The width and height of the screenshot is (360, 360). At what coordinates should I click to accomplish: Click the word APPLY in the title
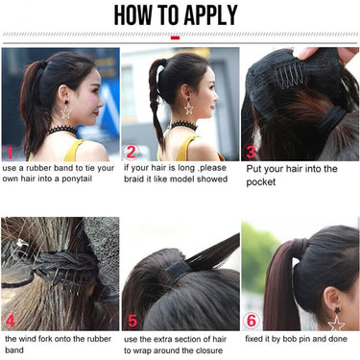click(210, 15)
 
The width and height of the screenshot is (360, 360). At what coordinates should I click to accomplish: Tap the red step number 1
click(10, 153)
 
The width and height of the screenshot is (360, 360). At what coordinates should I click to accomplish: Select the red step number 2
click(131, 153)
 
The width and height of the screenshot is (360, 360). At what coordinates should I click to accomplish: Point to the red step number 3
click(251, 153)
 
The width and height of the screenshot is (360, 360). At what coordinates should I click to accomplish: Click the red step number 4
click(11, 321)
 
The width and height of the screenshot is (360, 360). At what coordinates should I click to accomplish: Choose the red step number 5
click(132, 321)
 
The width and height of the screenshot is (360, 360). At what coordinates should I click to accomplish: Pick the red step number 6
click(252, 321)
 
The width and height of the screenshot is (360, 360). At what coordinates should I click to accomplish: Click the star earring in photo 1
click(66, 110)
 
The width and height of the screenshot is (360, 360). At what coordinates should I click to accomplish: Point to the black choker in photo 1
click(62, 131)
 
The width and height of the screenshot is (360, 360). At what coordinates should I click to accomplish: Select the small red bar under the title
click(175, 37)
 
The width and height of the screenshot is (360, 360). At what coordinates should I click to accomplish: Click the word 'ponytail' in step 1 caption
click(77, 179)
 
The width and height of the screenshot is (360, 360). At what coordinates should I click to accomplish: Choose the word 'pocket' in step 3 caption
click(261, 182)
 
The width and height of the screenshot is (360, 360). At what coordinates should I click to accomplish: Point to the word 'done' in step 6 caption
click(338, 339)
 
